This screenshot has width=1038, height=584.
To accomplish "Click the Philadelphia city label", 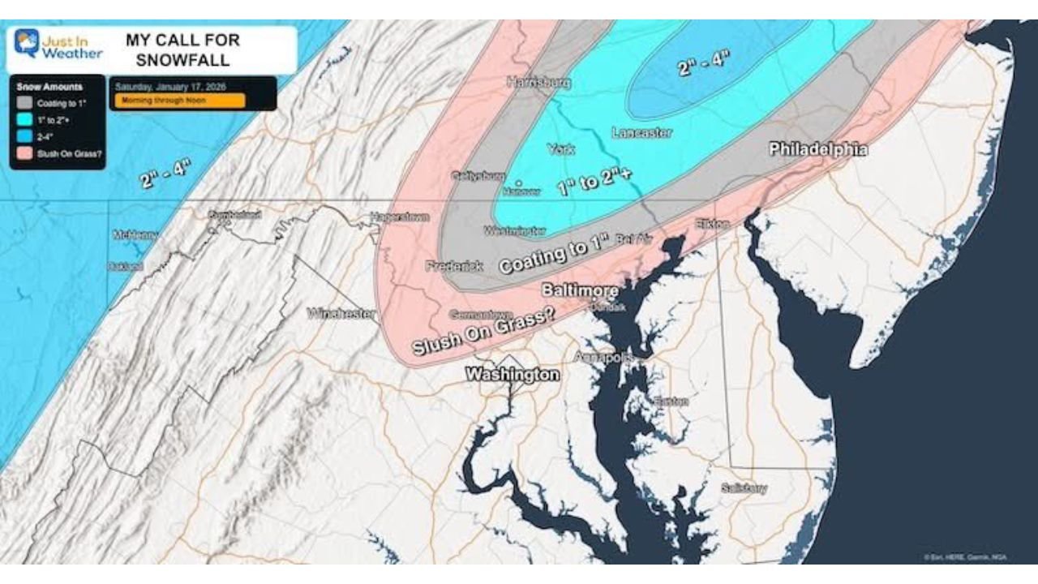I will (x=817, y=149).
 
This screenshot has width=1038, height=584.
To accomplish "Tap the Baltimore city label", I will (x=580, y=290).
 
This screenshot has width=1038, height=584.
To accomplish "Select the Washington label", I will (x=512, y=375).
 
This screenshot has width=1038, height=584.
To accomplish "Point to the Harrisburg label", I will (x=538, y=82).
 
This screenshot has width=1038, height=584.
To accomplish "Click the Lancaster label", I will (x=641, y=132).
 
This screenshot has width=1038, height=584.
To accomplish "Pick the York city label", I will (x=560, y=149).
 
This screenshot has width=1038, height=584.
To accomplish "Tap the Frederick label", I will (x=454, y=266).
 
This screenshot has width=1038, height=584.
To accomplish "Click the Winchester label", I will (x=341, y=313).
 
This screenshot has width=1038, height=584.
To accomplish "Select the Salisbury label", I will (x=744, y=488).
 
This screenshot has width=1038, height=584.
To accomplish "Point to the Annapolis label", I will (x=603, y=357).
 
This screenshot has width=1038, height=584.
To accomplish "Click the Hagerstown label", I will (x=400, y=217).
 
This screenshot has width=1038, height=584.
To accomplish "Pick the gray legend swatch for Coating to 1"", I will (x=24, y=103).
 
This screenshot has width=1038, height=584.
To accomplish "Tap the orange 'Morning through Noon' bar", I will (x=179, y=101).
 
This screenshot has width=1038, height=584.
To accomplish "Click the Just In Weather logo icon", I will (x=27, y=43).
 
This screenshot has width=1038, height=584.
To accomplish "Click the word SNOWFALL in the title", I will (x=182, y=60).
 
